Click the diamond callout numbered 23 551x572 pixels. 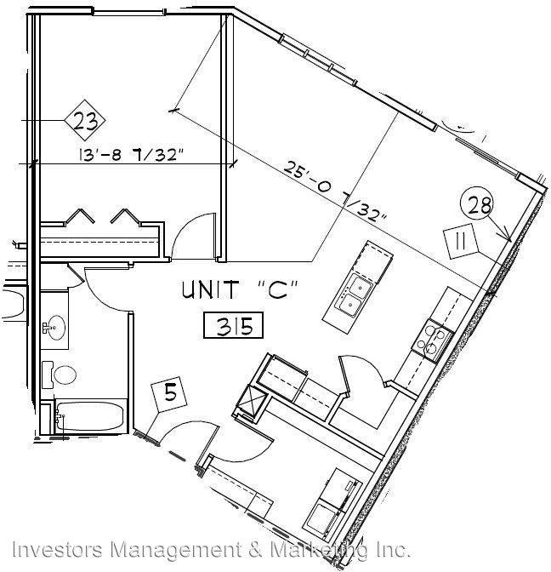tap(85, 120)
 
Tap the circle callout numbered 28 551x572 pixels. tap(477, 205)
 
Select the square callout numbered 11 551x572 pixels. tap(461, 241)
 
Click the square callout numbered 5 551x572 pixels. tap(170, 395)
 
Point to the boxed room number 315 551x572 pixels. tap(233, 325)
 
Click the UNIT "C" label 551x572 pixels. tap(240, 290)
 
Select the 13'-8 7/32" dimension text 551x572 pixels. tap(130, 155)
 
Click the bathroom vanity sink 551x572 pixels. tap(55, 328)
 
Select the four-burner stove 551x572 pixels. tap(433, 340)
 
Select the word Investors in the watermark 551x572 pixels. tap(57, 550)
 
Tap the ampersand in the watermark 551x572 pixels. tap(257, 550)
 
